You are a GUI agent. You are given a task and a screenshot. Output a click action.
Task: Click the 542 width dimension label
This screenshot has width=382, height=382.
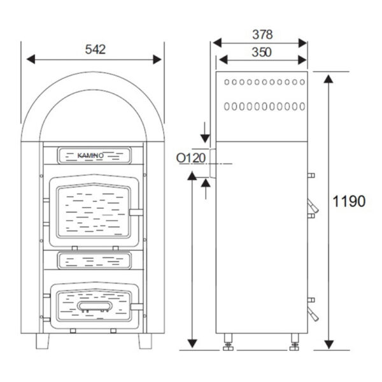(94, 49)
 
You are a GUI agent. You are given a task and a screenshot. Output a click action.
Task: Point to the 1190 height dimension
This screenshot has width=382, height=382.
(349, 202)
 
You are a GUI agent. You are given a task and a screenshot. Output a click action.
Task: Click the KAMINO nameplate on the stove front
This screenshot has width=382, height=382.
(94, 155)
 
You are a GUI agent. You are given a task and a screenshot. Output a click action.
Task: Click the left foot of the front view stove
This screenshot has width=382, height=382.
(42, 341)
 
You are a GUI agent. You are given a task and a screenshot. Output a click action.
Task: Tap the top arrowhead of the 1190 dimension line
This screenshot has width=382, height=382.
(328, 79)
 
